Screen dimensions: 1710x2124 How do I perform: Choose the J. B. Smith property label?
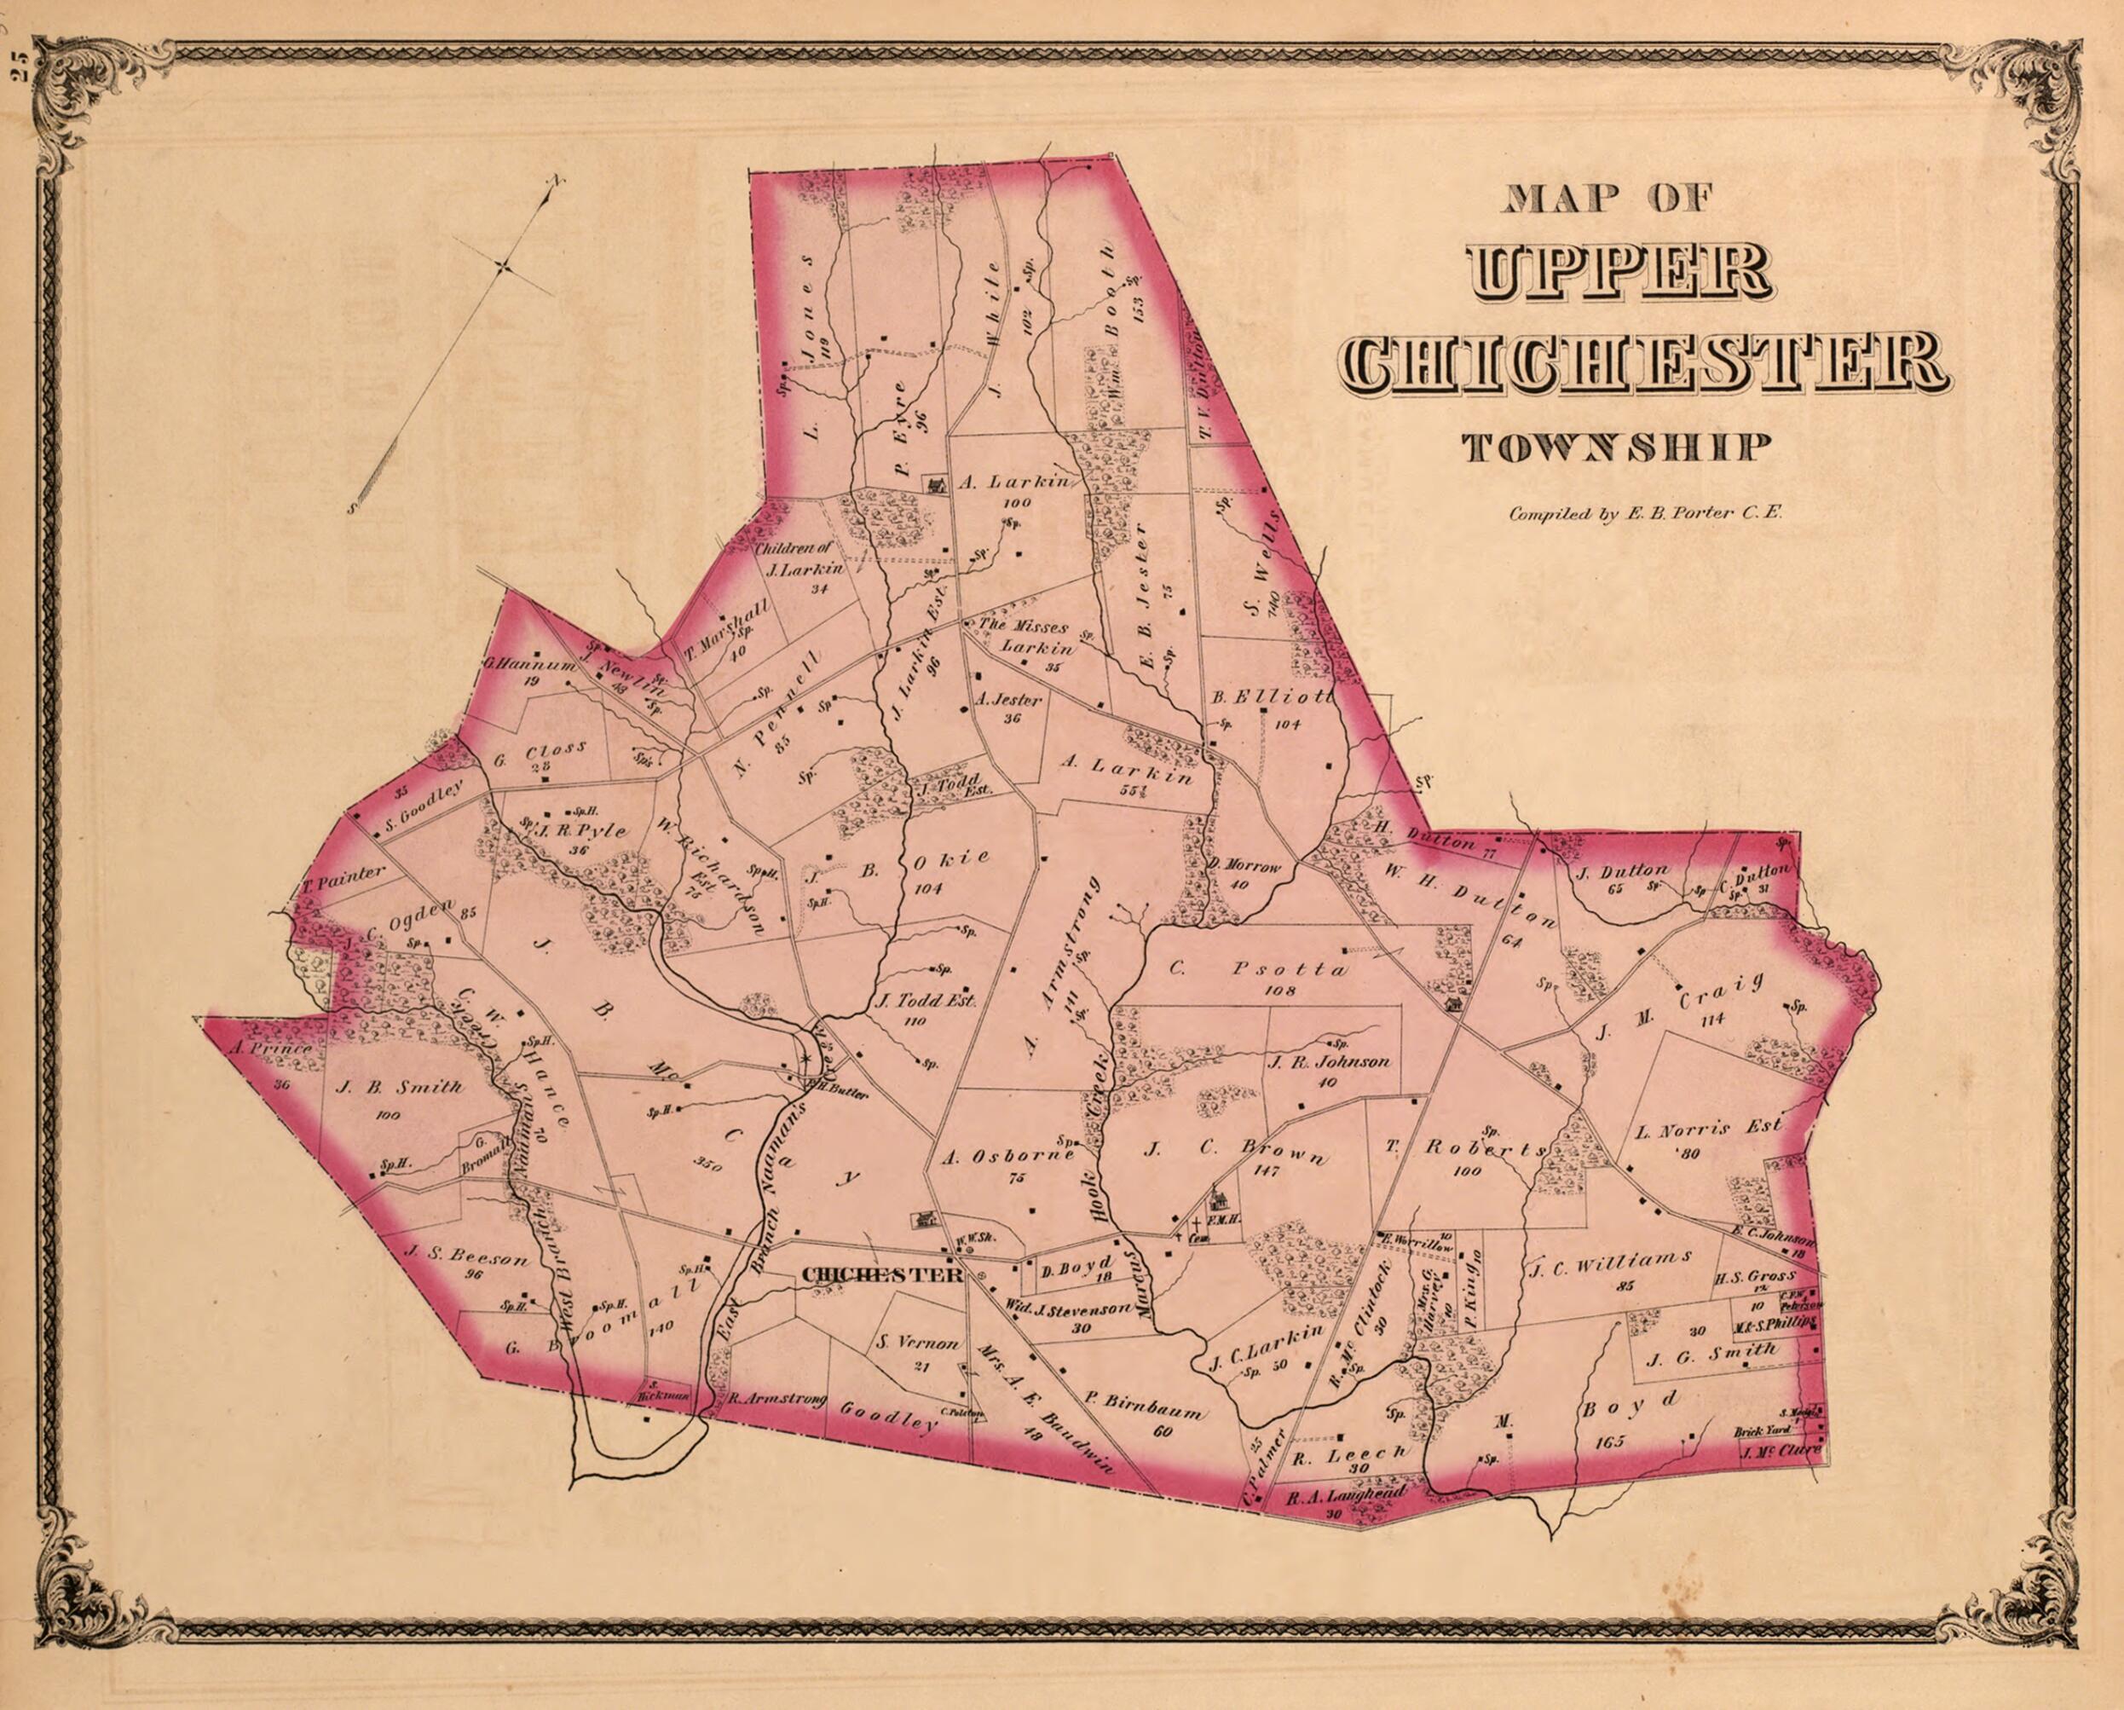[399, 1089]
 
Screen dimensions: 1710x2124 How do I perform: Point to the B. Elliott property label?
[1271, 698]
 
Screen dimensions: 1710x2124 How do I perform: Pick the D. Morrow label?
[1245, 868]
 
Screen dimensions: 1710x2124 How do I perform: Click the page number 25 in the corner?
[19, 71]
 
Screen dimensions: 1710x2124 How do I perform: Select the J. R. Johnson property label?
[1329, 1062]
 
